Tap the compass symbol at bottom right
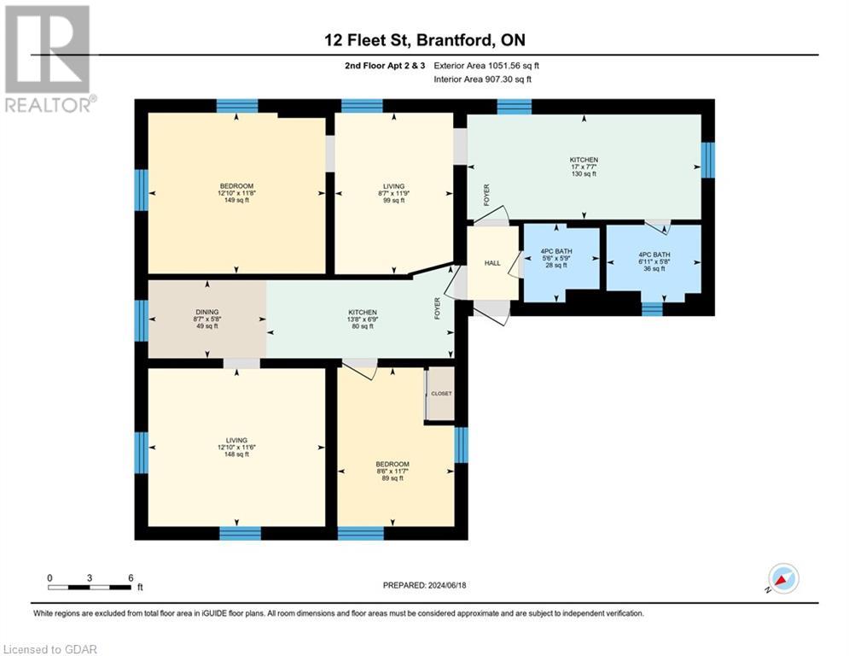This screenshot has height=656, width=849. click(782, 578)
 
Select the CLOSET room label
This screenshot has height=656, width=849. click(440, 394)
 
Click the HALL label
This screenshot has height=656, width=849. click(492, 263)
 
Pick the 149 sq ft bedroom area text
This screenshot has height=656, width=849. click(236, 202)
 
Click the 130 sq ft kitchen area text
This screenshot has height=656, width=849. click(584, 174)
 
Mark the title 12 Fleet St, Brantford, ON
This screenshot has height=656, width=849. click(424, 39)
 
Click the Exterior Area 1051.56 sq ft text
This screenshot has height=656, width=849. click(486, 65)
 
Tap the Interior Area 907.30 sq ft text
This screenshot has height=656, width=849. click(483, 79)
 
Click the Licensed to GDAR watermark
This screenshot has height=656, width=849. click(49, 649)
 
